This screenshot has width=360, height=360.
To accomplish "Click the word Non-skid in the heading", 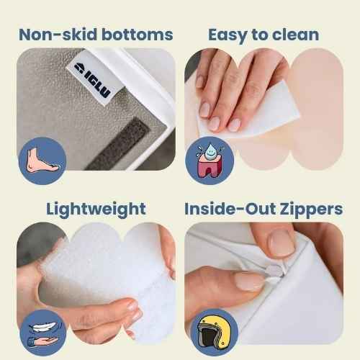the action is pyautogui.click(x=58, y=35).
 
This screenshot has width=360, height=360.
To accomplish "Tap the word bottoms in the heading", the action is pyautogui.click(x=138, y=35).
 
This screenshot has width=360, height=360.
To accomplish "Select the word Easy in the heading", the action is pyautogui.click(x=228, y=35).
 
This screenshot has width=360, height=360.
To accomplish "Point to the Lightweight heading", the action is pyautogui.click(x=96, y=210).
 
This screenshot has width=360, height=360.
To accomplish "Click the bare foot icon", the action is pyautogui.click(x=41, y=161).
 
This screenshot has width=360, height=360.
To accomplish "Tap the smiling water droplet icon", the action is pyautogui.click(x=210, y=151).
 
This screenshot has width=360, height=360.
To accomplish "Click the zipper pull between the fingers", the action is pyautogui.click(x=276, y=272).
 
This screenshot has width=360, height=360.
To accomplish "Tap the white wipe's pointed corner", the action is pyautogui.click(x=299, y=115).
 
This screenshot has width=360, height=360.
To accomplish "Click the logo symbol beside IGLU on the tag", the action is pyautogui.click(x=78, y=67).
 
